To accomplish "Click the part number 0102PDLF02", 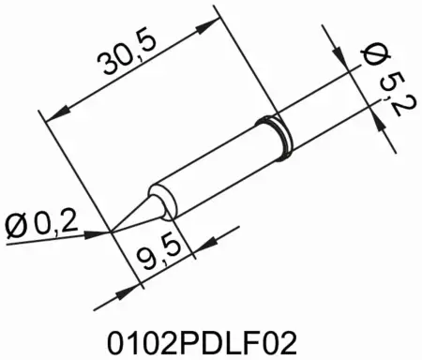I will [210, 335].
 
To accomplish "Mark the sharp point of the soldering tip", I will [113, 229].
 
